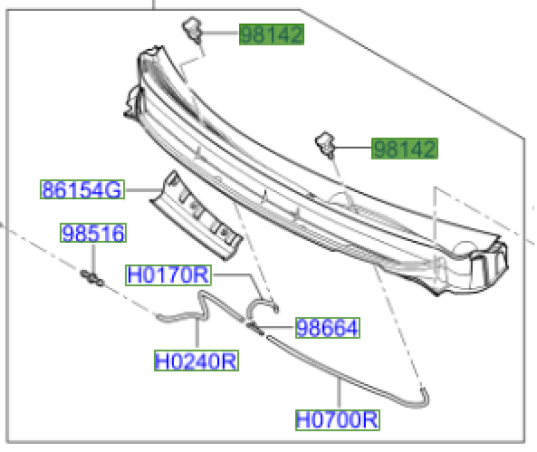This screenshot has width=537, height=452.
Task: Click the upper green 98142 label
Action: (x=271, y=35)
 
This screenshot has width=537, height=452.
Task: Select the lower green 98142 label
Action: (x=404, y=149)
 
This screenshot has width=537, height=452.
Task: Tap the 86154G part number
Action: (x=82, y=190)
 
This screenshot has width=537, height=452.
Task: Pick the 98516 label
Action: (x=92, y=235)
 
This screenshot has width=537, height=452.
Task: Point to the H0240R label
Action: (x=196, y=362)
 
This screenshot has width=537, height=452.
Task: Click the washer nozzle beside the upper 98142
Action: (x=192, y=26)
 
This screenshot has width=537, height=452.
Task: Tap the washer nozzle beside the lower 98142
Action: (x=325, y=140)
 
